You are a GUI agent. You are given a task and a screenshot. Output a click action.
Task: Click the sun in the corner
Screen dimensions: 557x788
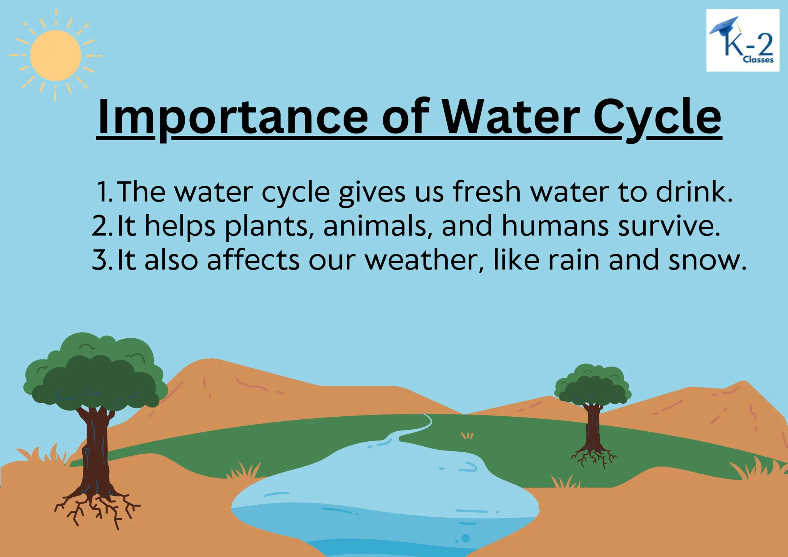55,55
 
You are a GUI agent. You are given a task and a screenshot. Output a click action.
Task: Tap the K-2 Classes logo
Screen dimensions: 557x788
743,40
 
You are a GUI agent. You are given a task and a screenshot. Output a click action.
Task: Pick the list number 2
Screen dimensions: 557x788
101,226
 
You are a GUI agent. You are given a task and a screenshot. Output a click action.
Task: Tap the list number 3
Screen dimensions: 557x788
101,260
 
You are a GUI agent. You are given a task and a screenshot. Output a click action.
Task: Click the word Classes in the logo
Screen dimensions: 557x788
758,60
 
